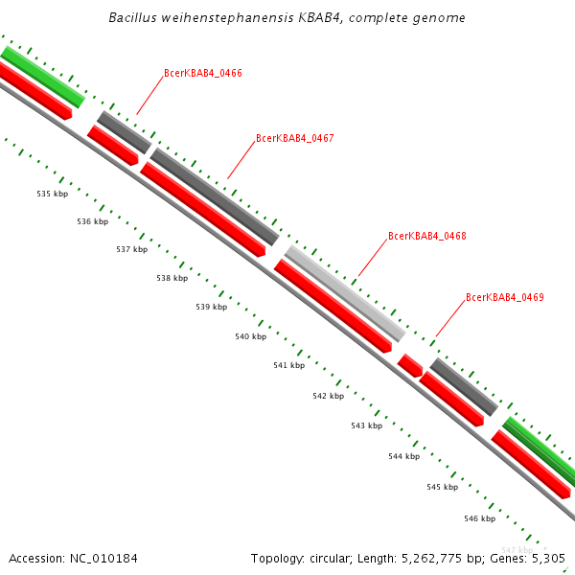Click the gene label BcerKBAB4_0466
coord(203,73)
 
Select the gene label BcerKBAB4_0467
coord(295,139)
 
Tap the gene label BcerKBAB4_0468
coord(427,236)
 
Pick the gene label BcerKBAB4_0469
coord(505,298)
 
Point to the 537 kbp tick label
coord(132,249)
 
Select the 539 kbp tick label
coord(212,308)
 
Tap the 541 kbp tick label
coord(288,365)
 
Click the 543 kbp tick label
coord(366,425)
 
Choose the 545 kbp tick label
coord(442,487)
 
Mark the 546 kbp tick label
coord(479,518)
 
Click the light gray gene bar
coord(345,293)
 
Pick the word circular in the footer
coord(327,558)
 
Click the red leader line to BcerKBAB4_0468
coord(371,259)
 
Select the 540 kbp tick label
coord(250,336)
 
